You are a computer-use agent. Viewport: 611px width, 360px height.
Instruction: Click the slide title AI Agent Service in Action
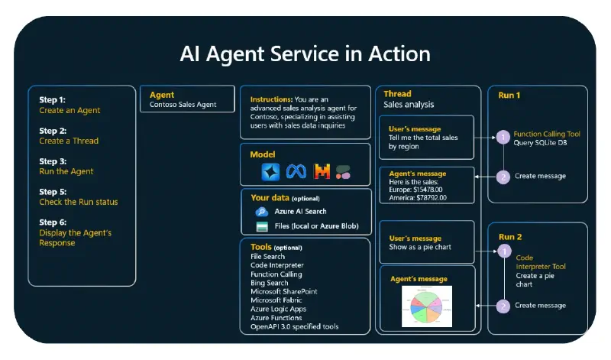[x=305, y=54]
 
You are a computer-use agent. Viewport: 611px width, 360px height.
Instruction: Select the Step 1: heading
[x=53, y=99]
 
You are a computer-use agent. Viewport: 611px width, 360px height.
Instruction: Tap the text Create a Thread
[x=69, y=141]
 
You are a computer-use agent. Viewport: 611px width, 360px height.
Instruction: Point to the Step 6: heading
[x=53, y=222]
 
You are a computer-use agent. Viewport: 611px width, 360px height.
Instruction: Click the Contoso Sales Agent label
[x=183, y=105]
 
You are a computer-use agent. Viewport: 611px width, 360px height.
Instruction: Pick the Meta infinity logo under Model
[x=296, y=172]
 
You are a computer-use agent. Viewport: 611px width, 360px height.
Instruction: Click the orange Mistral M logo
[x=322, y=172]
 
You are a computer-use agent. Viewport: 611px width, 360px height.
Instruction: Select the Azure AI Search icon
[x=260, y=211]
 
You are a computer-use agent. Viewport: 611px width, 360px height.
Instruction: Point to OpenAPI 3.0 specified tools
[x=295, y=326]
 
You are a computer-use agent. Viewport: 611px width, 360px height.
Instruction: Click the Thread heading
[x=397, y=94]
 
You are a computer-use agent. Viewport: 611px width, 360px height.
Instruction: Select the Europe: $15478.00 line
[x=415, y=190]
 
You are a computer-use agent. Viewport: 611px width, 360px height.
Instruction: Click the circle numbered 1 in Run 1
[x=503, y=138]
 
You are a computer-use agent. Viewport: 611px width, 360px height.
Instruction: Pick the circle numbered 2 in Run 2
[x=503, y=306]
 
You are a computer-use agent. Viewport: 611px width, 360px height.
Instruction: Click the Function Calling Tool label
[x=547, y=134]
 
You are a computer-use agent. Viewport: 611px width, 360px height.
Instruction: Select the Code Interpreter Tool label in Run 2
[x=541, y=262]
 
